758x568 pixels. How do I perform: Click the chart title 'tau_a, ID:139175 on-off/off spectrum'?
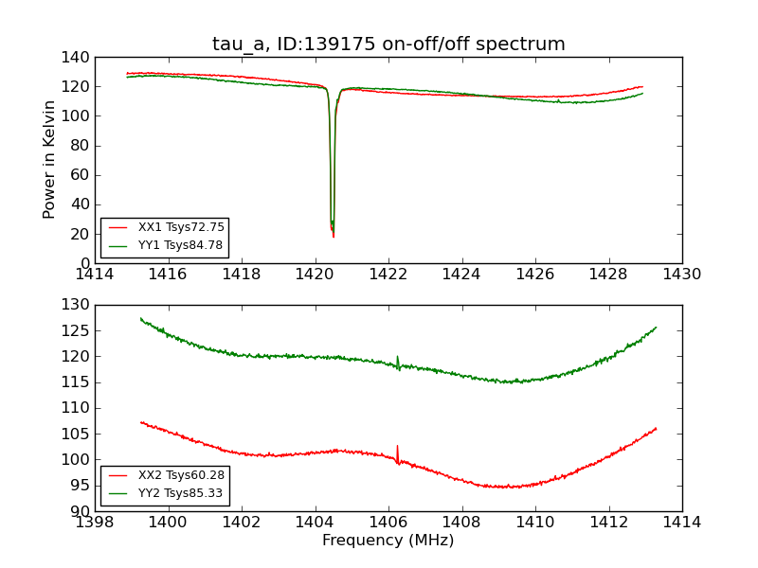point(388,44)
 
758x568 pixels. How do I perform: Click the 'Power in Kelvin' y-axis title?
point(49,160)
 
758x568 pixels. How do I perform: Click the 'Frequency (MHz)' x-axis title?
point(388,541)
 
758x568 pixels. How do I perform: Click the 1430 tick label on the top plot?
point(681,275)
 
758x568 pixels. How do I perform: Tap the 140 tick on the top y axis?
point(78,58)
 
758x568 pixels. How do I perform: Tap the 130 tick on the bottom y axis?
point(78,305)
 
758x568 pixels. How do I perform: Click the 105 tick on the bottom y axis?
point(78,434)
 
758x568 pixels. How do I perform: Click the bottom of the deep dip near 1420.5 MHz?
point(333,235)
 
